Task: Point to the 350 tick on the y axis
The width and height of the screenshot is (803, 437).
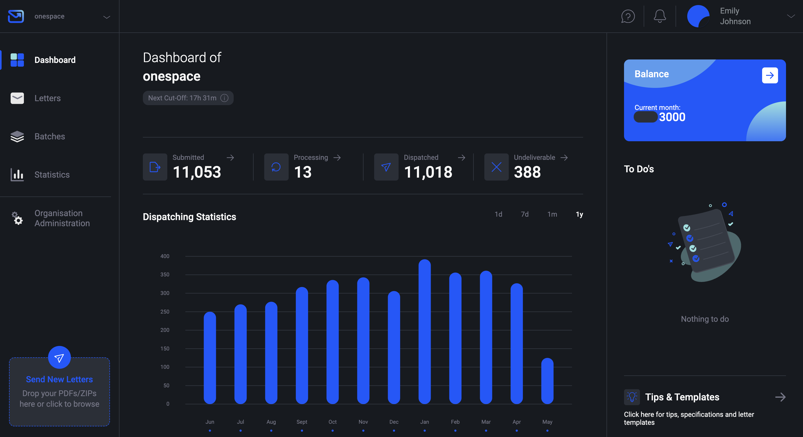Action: point(165,275)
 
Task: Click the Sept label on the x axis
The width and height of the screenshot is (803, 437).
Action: point(301,422)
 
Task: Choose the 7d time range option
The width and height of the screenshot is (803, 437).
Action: point(525,214)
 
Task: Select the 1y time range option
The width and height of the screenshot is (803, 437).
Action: point(579,214)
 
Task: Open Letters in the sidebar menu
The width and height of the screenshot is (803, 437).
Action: point(47,98)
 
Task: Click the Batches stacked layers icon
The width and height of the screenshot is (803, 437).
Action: point(17,136)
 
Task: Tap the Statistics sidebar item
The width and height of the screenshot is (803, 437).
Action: point(52,174)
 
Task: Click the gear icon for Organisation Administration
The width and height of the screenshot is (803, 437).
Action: point(17,218)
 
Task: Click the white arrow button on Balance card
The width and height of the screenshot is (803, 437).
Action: point(770,75)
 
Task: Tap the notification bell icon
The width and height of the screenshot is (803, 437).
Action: point(660,16)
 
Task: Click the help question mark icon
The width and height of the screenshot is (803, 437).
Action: point(628,16)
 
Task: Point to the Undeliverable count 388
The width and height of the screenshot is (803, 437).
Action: point(527,172)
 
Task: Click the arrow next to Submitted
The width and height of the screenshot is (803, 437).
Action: point(230,158)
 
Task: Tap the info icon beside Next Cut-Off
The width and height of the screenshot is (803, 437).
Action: point(224,98)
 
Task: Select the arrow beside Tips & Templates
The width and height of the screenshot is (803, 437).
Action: point(780,397)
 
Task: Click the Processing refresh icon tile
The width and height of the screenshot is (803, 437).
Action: point(276,167)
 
